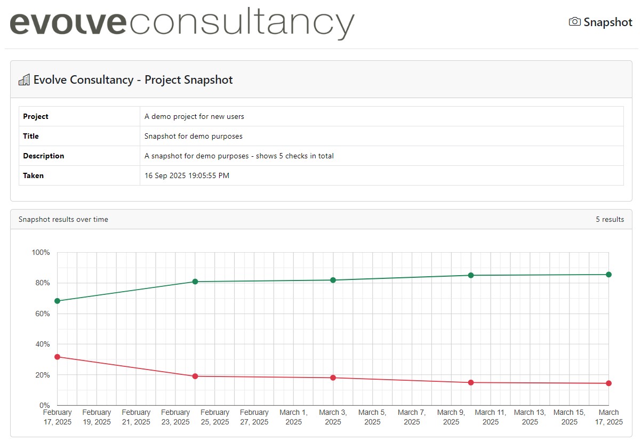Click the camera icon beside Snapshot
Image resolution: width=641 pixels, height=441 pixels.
point(574,22)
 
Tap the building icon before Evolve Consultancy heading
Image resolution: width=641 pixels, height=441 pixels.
point(24,80)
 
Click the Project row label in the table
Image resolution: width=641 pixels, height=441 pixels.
point(36,116)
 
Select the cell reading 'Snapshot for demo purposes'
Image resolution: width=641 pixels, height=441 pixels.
point(193,136)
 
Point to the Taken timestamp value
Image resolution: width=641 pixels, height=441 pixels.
point(187,175)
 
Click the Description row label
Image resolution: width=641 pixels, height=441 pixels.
point(43,156)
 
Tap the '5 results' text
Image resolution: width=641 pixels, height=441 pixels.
point(610,219)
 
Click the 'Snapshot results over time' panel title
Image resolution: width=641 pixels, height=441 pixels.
point(63,219)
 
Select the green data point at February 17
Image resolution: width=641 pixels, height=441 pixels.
point(58,301)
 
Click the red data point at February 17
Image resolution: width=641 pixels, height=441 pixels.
point(58,357)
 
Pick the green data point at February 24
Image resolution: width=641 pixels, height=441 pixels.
point(195,282)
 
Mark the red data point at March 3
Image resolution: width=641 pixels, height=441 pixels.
point(333,378)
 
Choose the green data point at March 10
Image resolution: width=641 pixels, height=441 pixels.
point(471,275)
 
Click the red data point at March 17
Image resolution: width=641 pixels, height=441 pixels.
point(608,383)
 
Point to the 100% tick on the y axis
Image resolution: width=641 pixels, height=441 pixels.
point(41,252)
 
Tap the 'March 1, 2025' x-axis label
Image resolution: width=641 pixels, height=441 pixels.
point(293,417)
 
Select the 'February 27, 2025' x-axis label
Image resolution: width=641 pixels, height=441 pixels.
point(254,417)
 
